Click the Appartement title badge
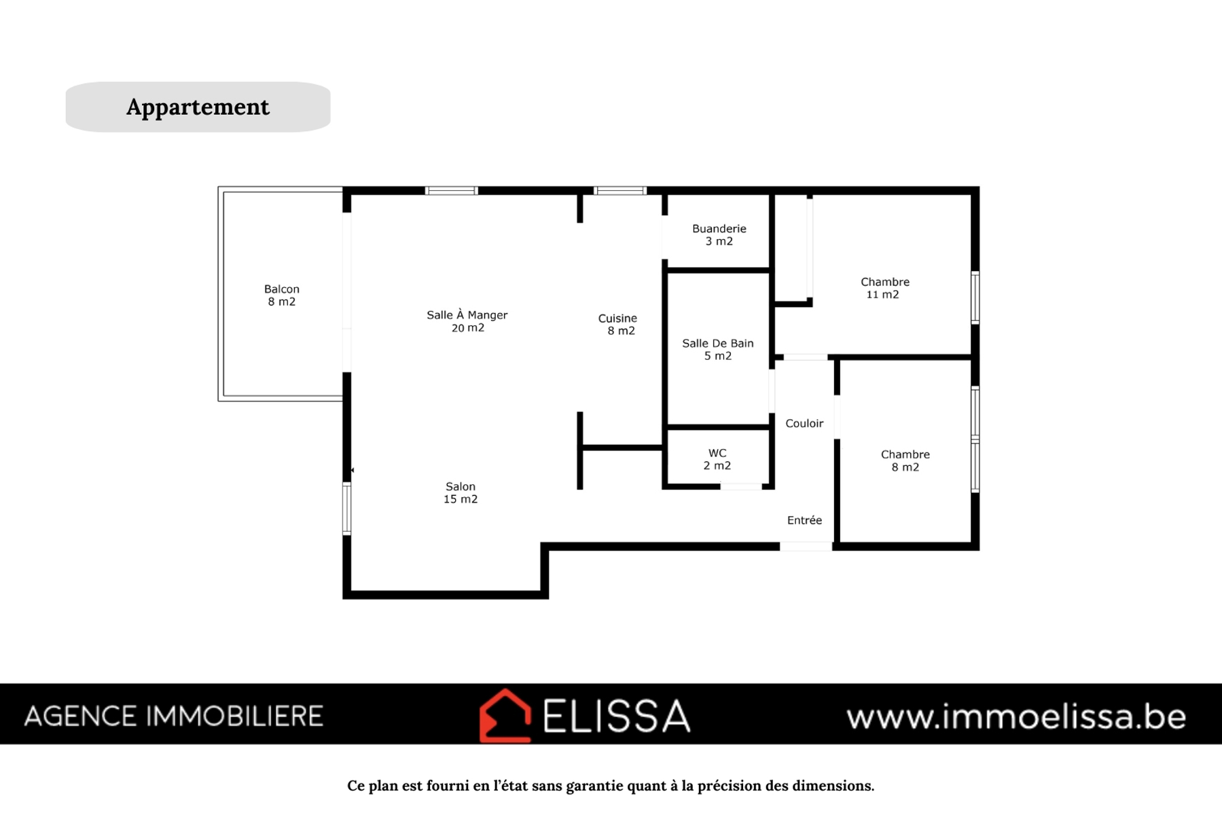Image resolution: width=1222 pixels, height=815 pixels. [x=198, y=107]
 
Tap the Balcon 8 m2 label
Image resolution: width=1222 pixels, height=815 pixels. [x=282, y=295]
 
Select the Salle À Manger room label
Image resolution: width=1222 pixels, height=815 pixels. [x=467, y=321]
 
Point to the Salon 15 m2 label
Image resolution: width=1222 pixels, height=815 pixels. [x=461, y=492]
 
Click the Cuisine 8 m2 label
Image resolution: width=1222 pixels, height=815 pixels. [x=618, y=325]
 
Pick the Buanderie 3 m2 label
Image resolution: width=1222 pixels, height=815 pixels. [x=719, y=235]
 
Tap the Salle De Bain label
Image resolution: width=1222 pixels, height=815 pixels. [x=718, y=350]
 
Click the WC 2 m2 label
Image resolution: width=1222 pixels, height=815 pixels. [x=717, y=459]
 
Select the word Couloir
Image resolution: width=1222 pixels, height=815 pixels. [x=804, y=423]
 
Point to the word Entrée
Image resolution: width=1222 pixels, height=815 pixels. [x=804, y=520]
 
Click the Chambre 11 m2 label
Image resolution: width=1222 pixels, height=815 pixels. [x=884, y=288]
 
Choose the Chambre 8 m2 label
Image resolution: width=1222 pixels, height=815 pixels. [x=905, y=460]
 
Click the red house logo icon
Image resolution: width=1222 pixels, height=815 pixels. [x=505, y=716]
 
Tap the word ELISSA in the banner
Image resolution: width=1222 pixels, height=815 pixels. [x=617, y=716]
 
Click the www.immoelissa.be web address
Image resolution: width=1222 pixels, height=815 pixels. [x=1016, y=717]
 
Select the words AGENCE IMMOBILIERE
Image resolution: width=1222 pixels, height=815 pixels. [x=174, y=717]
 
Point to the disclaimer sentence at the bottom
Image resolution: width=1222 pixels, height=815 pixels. [x=611, y=786]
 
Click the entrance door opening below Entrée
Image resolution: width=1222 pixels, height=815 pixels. [x=806, y=546]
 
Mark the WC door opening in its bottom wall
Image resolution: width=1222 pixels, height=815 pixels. [x=741, y=486]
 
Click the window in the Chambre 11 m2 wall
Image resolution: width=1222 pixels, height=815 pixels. [x=975, y=297]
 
